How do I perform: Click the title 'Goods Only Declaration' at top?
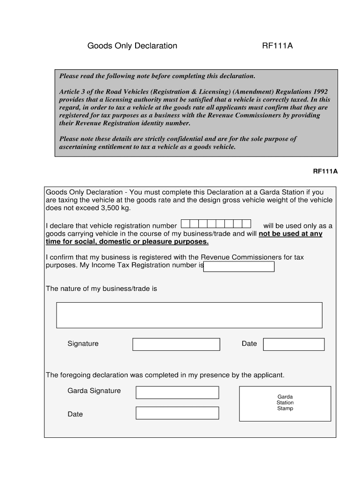(x=132, y=46)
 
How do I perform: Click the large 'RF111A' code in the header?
(x=277, y=46)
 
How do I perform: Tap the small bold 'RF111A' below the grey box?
(x=325, y=171)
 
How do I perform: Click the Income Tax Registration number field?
(x=239, y=267)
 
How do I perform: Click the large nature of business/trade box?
(x=189, y=315)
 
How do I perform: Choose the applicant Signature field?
(x=176, y=344)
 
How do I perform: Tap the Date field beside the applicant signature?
(x=294, y=344)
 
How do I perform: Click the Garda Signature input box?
(x=177, y=392)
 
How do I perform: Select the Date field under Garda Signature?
(x=177, y=413)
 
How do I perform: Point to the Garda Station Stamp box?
(x=285, y=403)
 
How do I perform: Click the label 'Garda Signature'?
(x=94, y=391)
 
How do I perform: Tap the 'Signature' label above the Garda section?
(x=83, y=343)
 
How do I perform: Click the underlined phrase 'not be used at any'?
(x=290, y=234)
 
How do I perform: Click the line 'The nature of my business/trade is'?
(x=101, y=289)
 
